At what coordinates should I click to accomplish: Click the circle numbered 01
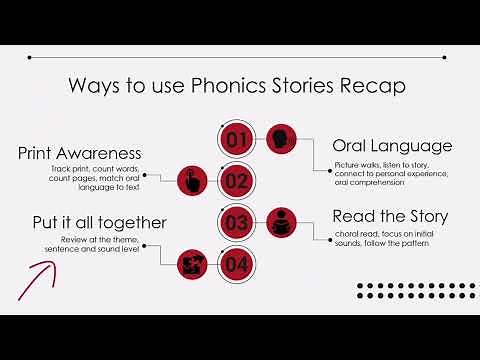236,139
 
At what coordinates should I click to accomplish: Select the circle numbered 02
236,181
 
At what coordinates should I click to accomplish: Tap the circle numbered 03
236,222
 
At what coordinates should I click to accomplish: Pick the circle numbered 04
236,264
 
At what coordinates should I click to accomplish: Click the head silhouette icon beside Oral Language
282,139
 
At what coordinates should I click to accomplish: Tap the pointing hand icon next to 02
191,181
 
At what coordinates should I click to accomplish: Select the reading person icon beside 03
282,222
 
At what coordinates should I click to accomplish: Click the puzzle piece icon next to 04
191,264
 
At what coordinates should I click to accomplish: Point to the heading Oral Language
392,146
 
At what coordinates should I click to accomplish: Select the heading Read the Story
390,216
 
